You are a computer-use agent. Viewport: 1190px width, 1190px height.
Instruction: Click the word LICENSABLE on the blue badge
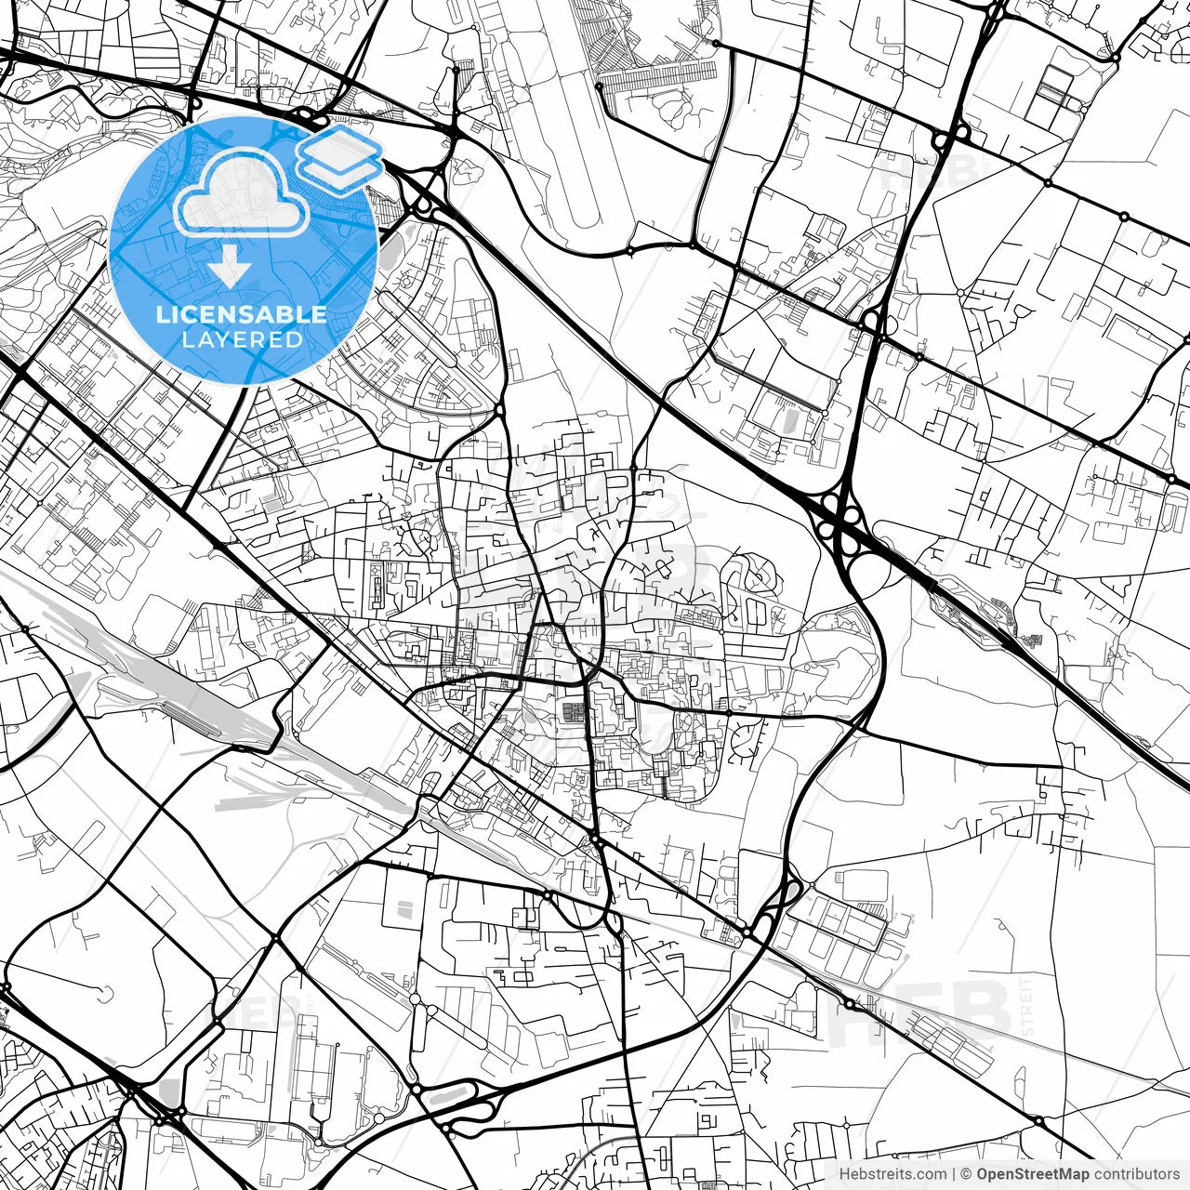242,314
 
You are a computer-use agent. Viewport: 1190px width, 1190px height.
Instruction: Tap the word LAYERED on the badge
242,339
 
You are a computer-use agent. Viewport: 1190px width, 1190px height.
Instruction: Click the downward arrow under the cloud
229,269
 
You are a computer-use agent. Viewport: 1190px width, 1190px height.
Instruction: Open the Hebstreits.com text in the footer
892,1174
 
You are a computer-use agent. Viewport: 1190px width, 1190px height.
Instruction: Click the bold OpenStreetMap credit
1032,1174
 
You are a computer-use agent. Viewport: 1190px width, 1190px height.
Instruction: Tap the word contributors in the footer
1136,1174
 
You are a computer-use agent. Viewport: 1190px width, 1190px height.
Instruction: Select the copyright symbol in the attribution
967,1174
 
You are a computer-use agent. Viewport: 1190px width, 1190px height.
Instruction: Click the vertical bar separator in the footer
954,1174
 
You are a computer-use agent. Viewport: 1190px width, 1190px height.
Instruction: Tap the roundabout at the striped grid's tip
600,86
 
